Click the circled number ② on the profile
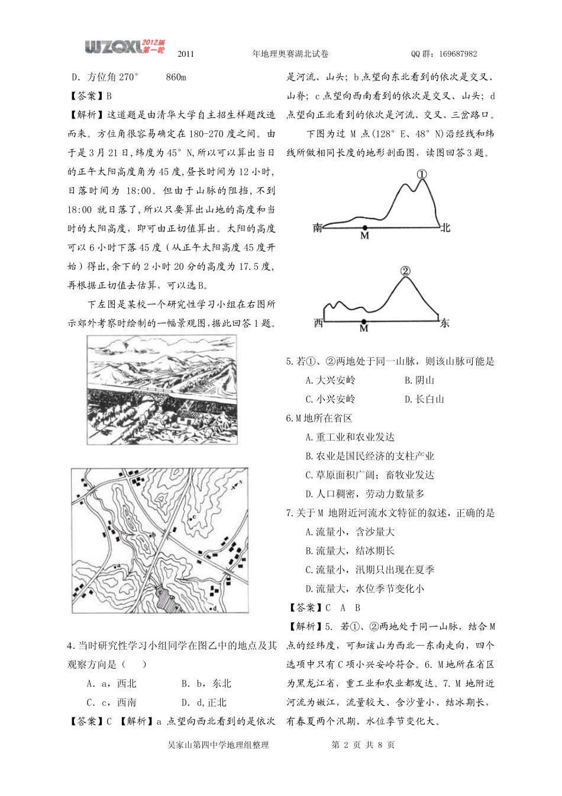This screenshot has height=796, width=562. click(x=405, y=271)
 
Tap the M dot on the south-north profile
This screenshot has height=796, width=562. click(x=364, y=227)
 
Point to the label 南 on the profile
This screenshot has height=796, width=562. click(x=318, y=227)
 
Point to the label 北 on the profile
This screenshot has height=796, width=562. click(x=445, y=227)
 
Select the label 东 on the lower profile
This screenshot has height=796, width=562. click(x=445, y=323)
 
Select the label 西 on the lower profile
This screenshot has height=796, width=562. click(x=318, y=323)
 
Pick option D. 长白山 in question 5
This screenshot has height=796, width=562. click(x=424, y=399)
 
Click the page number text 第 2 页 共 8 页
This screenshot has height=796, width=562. click(x=361, y=745)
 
